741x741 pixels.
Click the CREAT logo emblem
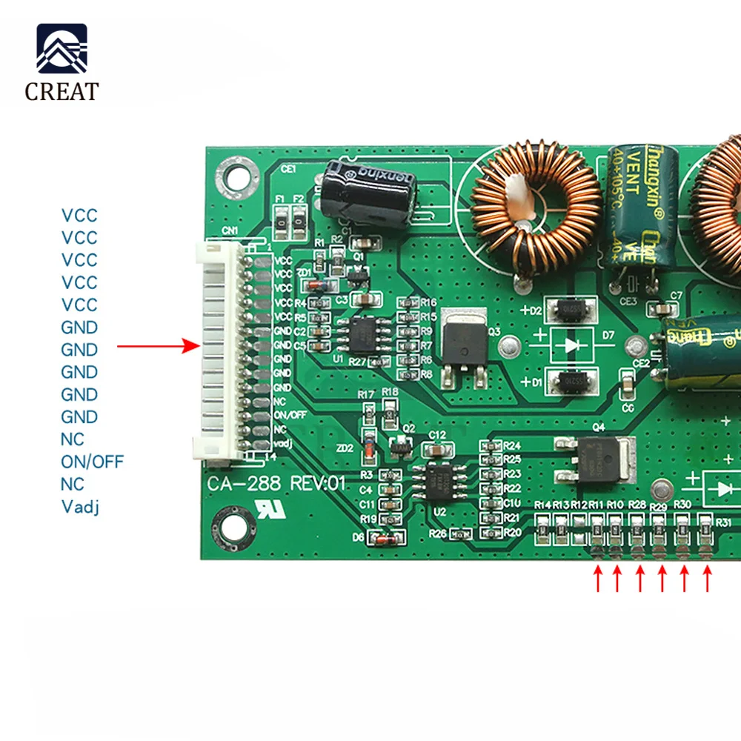(62, 49)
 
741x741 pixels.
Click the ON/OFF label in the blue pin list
(92, 462)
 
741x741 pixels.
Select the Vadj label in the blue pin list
(80, 507)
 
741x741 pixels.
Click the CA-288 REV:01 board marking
(277, 484)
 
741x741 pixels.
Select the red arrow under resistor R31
(707, 579)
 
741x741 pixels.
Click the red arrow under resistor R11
(597, 579)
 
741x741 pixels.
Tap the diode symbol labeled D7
(571, 345)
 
